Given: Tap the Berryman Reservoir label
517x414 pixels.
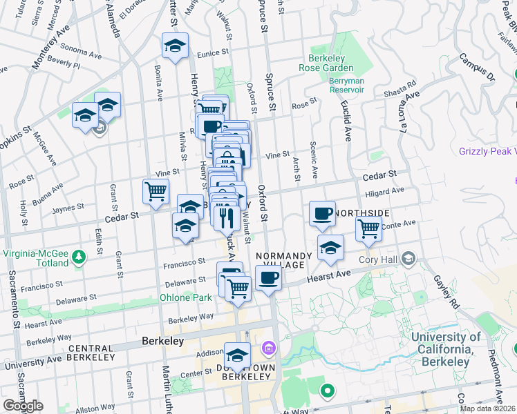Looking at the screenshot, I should [341, 85].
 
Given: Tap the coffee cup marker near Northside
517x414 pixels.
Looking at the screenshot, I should [321, 214].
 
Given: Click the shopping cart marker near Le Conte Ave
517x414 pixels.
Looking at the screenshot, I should [369, 228].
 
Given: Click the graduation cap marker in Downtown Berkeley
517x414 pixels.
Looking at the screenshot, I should [237, 355].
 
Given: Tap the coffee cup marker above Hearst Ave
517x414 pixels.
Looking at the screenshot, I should [268, 278].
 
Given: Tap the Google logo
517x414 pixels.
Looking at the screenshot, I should [22, 406].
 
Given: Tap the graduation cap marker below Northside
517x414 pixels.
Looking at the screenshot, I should [330, 248].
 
